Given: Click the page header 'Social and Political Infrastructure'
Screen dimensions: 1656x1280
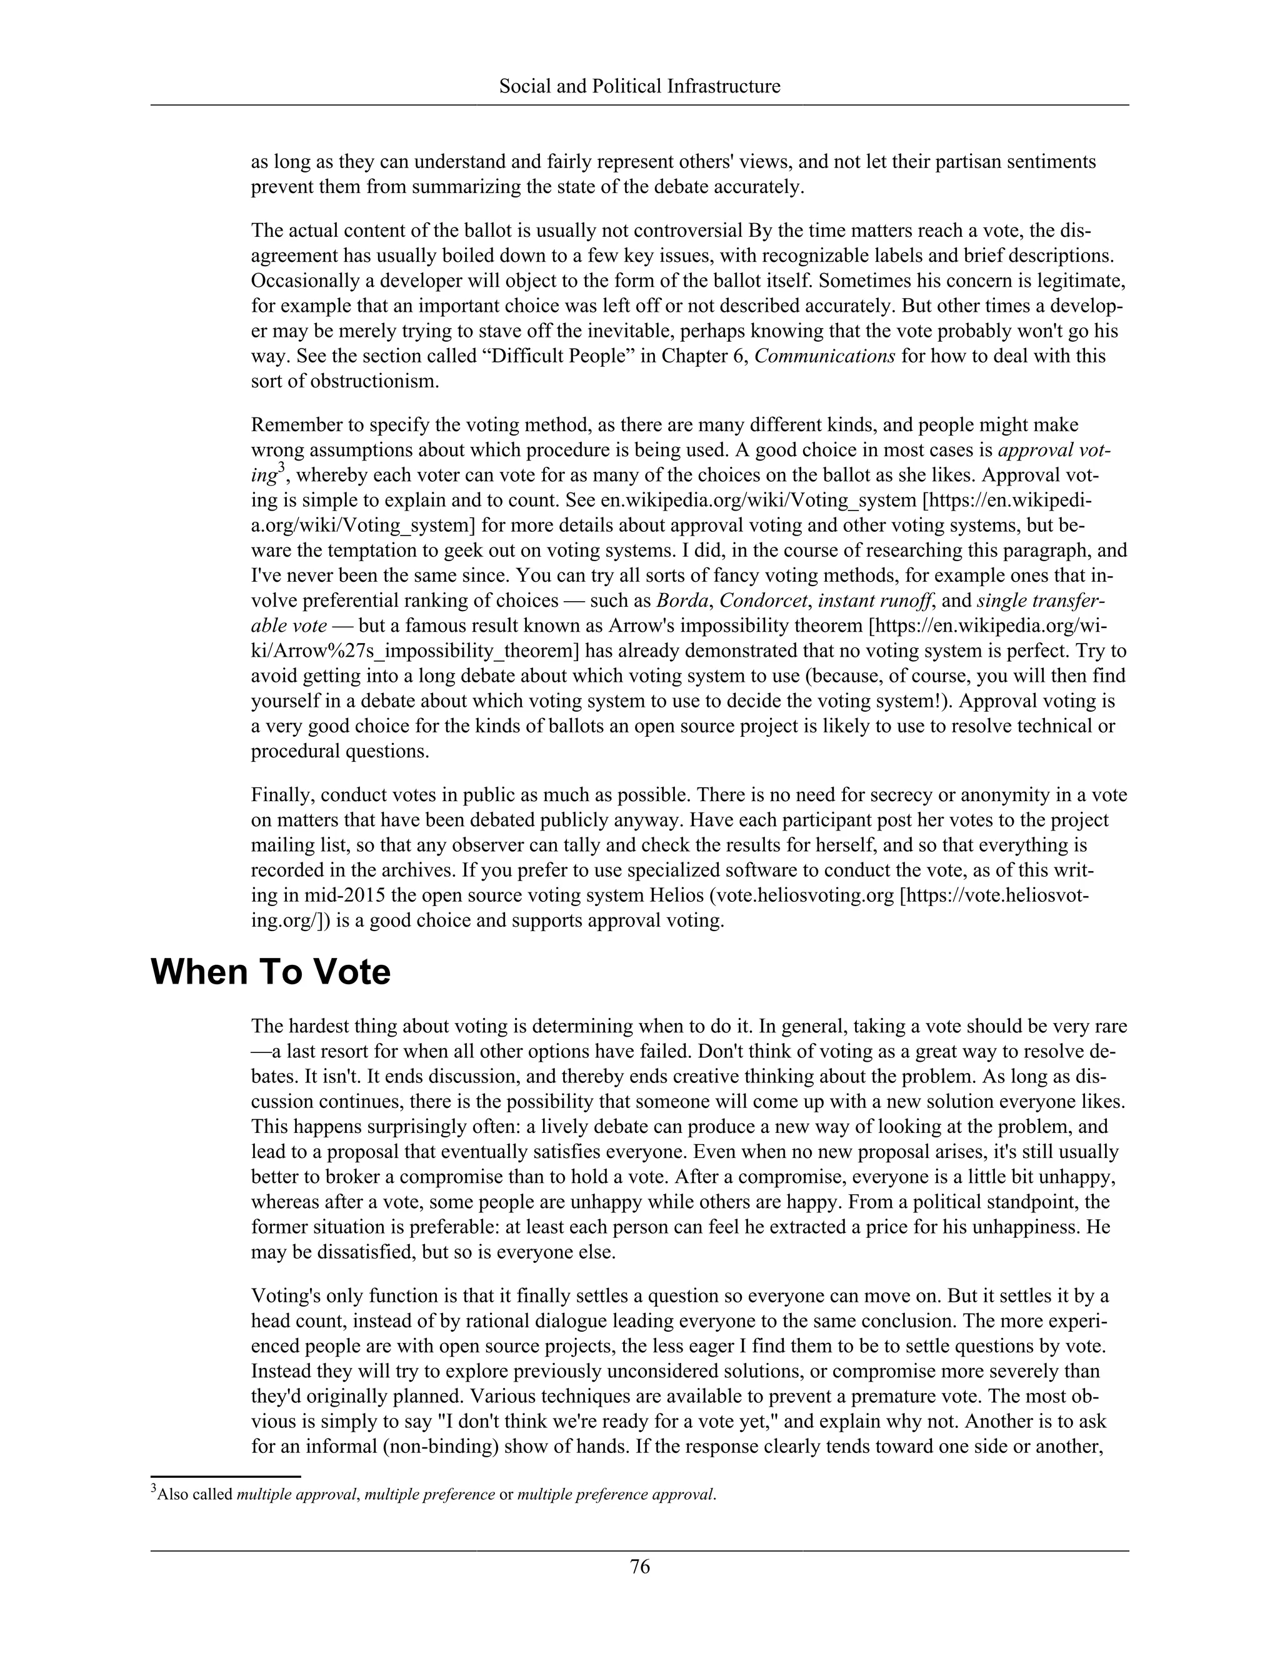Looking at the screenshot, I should coord(639,86).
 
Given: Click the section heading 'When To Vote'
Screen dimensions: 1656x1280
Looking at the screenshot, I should coord(271,972).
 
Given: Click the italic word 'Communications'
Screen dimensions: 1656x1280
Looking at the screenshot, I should coord(825,356).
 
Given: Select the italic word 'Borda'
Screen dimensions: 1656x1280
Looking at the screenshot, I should coord(682,601).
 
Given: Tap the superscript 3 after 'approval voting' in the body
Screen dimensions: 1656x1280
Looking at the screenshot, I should coord(281,468).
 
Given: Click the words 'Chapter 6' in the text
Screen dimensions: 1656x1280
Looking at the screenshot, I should coord(704,356).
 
